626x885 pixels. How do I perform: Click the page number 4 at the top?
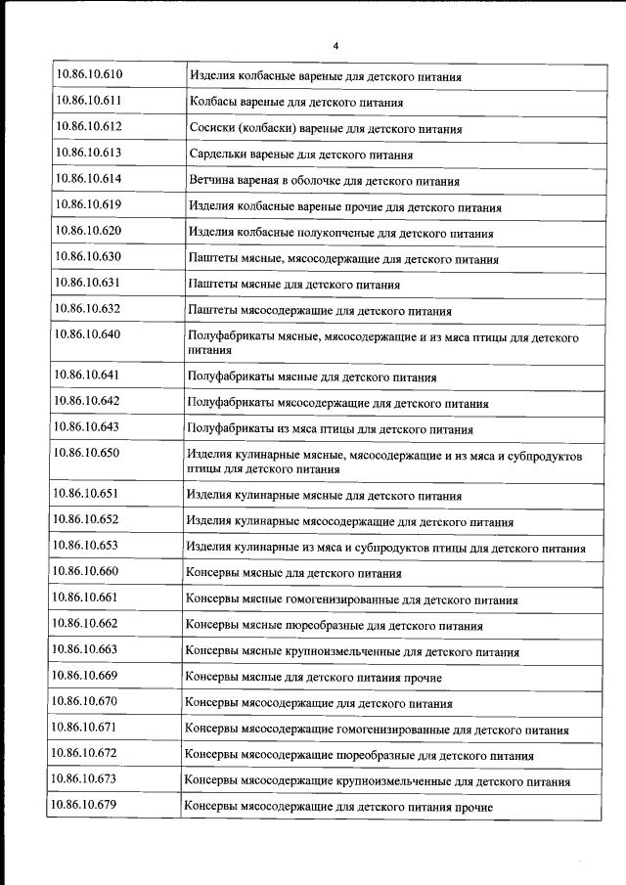tap(335, 46)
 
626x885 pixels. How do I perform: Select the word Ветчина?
tap(213, 181)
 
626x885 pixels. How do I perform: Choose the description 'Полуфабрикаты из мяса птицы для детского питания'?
tap(330, 429)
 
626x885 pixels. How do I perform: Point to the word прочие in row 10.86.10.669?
tap(421, 678)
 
